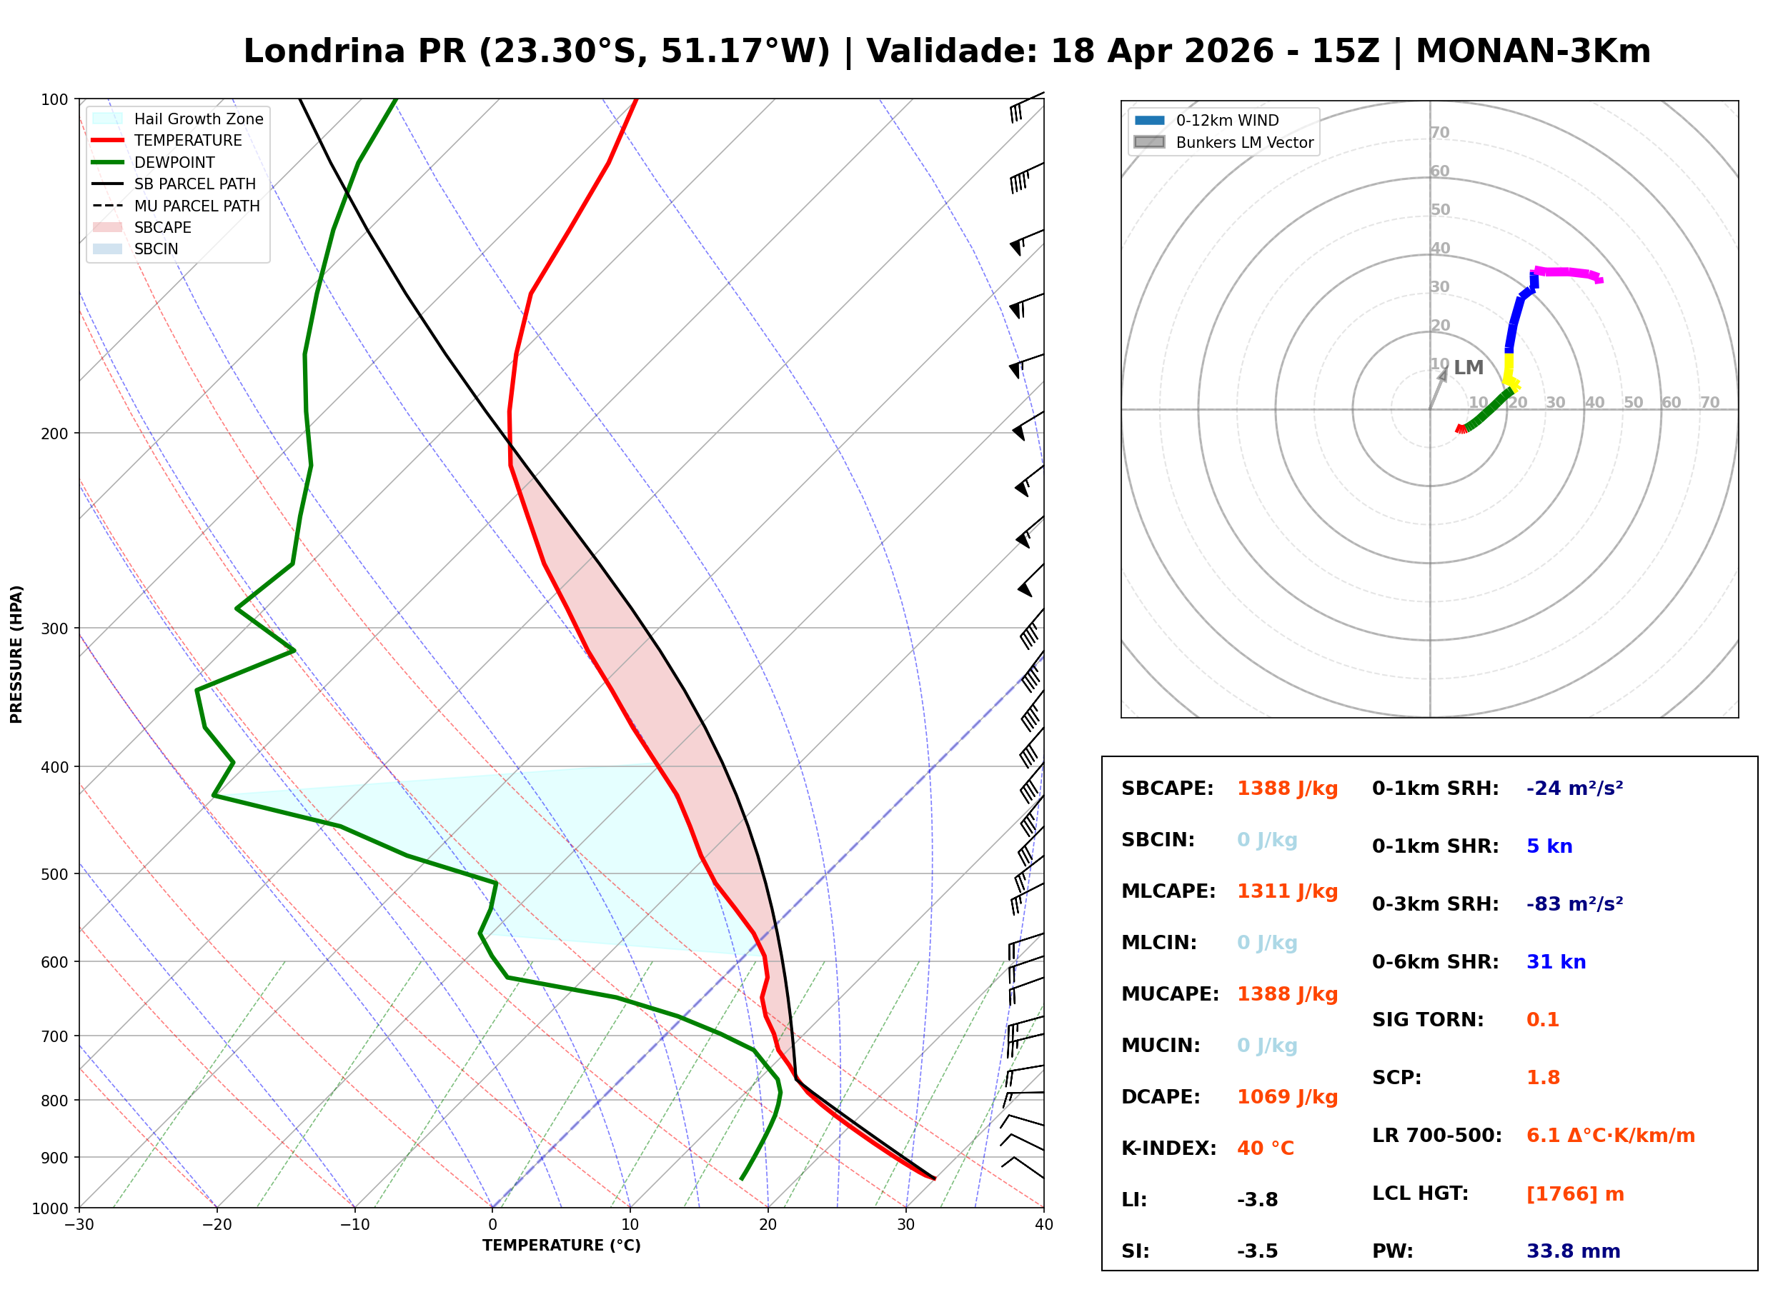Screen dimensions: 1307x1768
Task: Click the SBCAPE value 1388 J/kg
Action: pyautogui.click(x=1287, y=788)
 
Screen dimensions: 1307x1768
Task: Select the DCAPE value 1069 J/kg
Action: pyautogui.click(x=1287, y=1097)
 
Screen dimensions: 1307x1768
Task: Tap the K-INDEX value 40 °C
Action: pyautogui.click(x=1265, y=1148)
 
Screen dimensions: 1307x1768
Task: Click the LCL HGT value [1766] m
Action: pyautogui.click(x=1574, y=1194)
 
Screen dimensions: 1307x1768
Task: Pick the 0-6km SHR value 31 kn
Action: pyautogui.click(x=1555, y=962)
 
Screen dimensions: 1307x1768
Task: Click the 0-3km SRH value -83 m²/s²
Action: pyautogui.click(x=1574, y=904)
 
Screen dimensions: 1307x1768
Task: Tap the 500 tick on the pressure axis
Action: pyautogui.click(x=54, y=874)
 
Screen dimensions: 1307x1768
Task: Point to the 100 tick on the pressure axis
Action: pyautogui.click(x=54, y=100)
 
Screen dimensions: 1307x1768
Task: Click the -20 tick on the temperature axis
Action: pyautogui.click(x=216, y=1225)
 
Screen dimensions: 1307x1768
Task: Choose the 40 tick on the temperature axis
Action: pyautogui.click(x=1043, y=1225)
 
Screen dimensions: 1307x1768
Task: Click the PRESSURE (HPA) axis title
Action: pyautogui.click(x=16, y=654)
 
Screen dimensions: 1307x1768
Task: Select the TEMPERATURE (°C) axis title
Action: pyautogui.click(x=561, y=1246)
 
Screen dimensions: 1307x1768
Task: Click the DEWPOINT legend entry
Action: pyautogui.click(x=174, y=162)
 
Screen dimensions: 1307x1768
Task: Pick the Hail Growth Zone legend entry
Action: pyautogui.click(x=198, y=119)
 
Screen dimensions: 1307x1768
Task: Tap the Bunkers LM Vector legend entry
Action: pyautogui.click(x=1243, y=142)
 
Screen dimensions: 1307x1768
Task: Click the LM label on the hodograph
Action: pyautogui.click(x=1468, y=368)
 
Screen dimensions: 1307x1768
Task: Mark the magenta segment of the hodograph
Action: pyautogui.click(x=1567, y=272)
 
